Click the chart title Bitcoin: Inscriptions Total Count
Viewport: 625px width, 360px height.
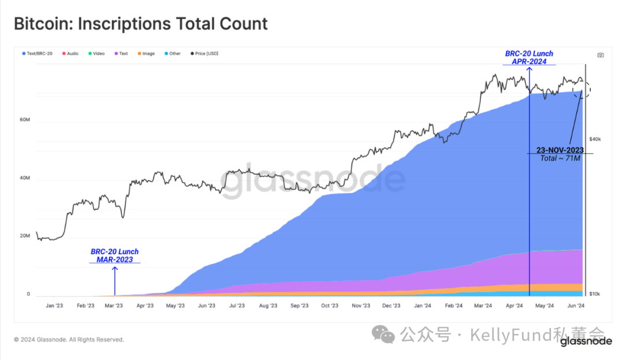[141, 24]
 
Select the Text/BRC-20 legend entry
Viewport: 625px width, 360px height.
[38, 54]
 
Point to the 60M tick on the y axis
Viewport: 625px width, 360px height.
[24, 120]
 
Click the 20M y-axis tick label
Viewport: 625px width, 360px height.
[24, 236]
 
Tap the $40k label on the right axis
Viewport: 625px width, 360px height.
[595, 139]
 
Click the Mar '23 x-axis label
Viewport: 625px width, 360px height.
[114, 306]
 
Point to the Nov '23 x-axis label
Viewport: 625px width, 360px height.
[361, 306]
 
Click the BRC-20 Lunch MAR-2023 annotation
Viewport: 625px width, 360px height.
[115, 256]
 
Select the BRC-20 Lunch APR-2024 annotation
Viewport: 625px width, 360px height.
[529, 57]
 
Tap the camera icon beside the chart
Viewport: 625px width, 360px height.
[601, 56]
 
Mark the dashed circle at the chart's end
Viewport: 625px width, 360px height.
[582, 90]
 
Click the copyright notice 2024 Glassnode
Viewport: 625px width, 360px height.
[69, 340]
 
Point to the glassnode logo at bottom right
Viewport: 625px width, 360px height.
[586, 341]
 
